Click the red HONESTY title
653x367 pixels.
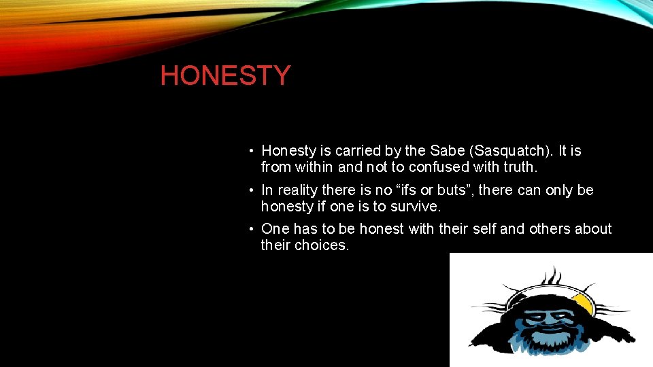click(x=225, y=75)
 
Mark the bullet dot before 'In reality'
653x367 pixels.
click(x=251, y=191)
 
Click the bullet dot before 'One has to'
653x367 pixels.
click(x=251, y=230)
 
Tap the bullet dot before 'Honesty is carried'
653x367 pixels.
click(x=251, y=151)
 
